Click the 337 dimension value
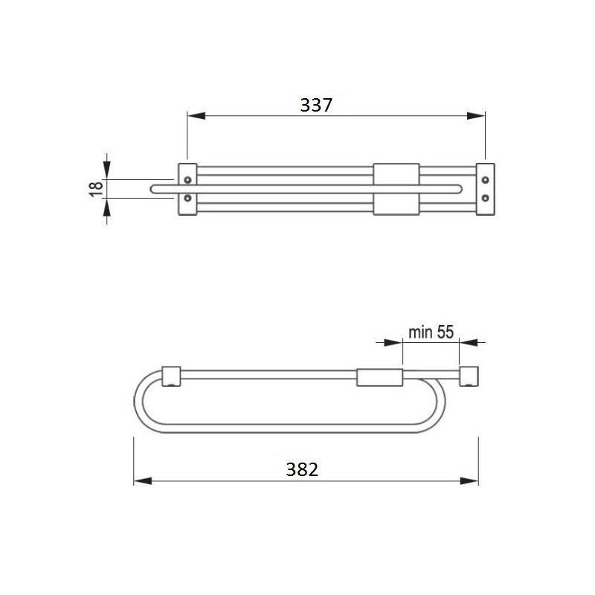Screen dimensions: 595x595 coord(315,105)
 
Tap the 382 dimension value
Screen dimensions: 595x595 coord(302,469)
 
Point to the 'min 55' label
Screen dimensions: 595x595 coord(431,332)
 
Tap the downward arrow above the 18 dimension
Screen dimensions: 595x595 coord(106,170)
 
